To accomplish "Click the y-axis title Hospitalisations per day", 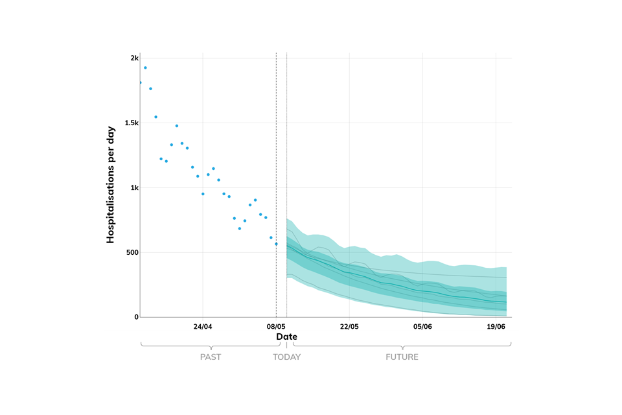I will pyautogui.click(x=110, y=185).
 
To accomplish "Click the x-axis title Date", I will pyautogui.click(x=286, y=337).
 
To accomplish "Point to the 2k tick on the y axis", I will pyautogui.click(x=134, y=58).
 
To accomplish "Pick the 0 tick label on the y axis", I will pyautogui.click(x=136, y=317).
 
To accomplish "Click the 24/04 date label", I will pyautogui.click(x=203, y=326).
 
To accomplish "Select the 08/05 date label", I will pyautogui.click(x=276, y=326).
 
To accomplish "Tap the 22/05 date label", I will pyautogui.click(x=349, y=326).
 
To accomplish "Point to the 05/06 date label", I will pyautogui.click(x=422, y=326).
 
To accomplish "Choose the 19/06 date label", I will pyautogui.click(x=496, y=326).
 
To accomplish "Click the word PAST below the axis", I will pyautogui.click(x=210, y=357).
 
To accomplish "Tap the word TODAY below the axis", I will pyautogui.click(x=286, y=357).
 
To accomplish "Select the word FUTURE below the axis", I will pyautogui.click(x=402, y=357).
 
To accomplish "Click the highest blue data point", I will pyautogui.click(x=145, y=67).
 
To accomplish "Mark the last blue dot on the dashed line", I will pyautogui.click(x=276, y=244).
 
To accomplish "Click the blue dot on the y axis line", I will pyautogui.click(x=140, y=82).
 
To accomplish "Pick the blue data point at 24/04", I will pyautogui.click(x=203, y=194).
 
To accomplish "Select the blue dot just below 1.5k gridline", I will pyautogui.click(x=177, y=126).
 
